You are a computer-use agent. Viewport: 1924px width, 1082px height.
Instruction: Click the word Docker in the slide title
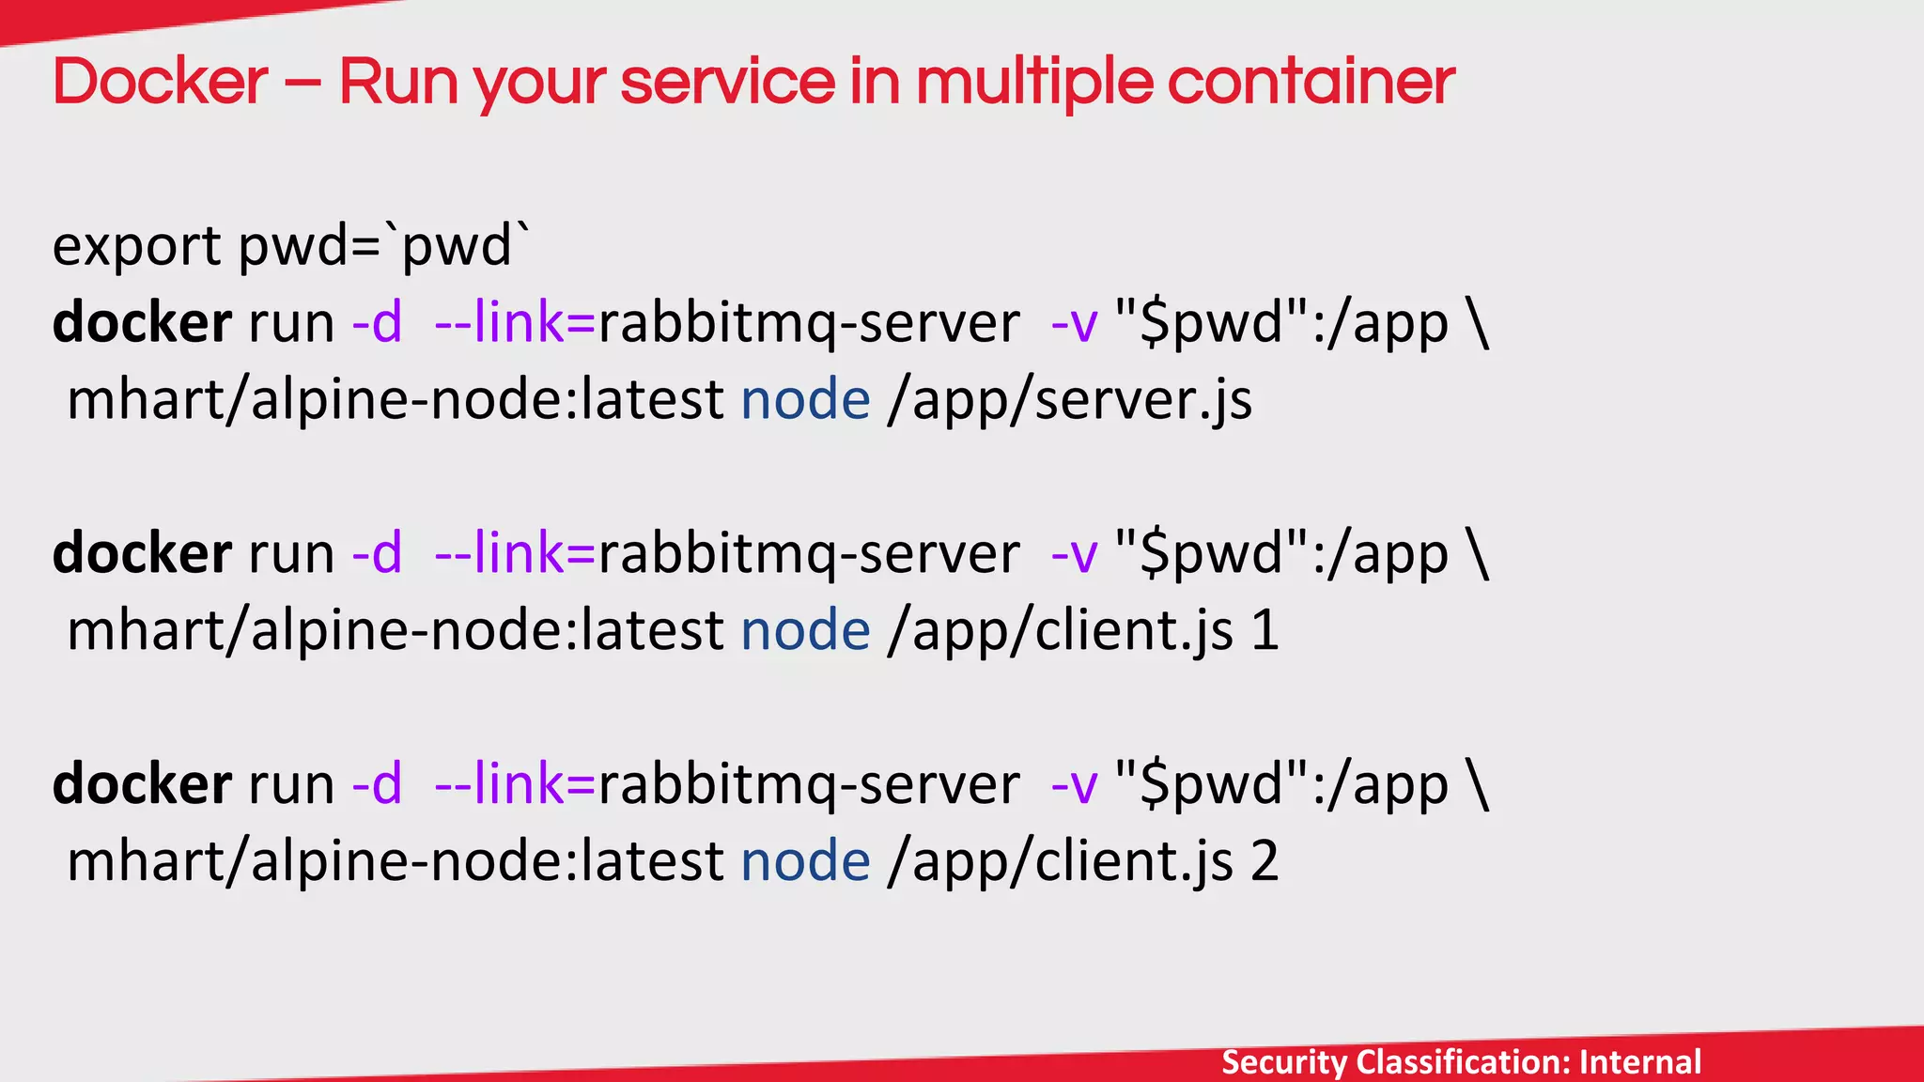click(161, 82)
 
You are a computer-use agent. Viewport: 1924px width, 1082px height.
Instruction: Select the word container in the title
click(1311, 82)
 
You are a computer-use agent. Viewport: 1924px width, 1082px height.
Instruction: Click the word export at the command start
click(137, 246)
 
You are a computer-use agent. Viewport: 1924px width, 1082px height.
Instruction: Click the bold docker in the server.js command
click(142, 322)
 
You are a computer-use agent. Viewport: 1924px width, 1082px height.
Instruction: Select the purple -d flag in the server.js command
click(377, 322)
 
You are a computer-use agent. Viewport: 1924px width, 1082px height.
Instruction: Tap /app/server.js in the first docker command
click(1069, 400)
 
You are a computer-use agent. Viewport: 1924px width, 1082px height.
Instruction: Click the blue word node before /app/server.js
click(805, 400)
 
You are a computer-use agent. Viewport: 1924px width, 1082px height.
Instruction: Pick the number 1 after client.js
click(1265, 630)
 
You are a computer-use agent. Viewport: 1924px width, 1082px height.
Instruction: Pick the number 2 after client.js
click(1265, 861)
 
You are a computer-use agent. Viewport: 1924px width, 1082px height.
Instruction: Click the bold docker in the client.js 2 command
click(142, 783)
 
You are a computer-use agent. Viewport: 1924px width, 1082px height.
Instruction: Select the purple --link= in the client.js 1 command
click(515, 553)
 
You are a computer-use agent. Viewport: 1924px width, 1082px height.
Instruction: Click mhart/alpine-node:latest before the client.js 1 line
click(395, 630)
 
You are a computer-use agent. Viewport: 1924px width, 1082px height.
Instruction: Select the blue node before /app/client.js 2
click(805, 861)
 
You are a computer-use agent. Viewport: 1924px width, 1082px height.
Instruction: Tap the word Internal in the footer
click(1640, 1062)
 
